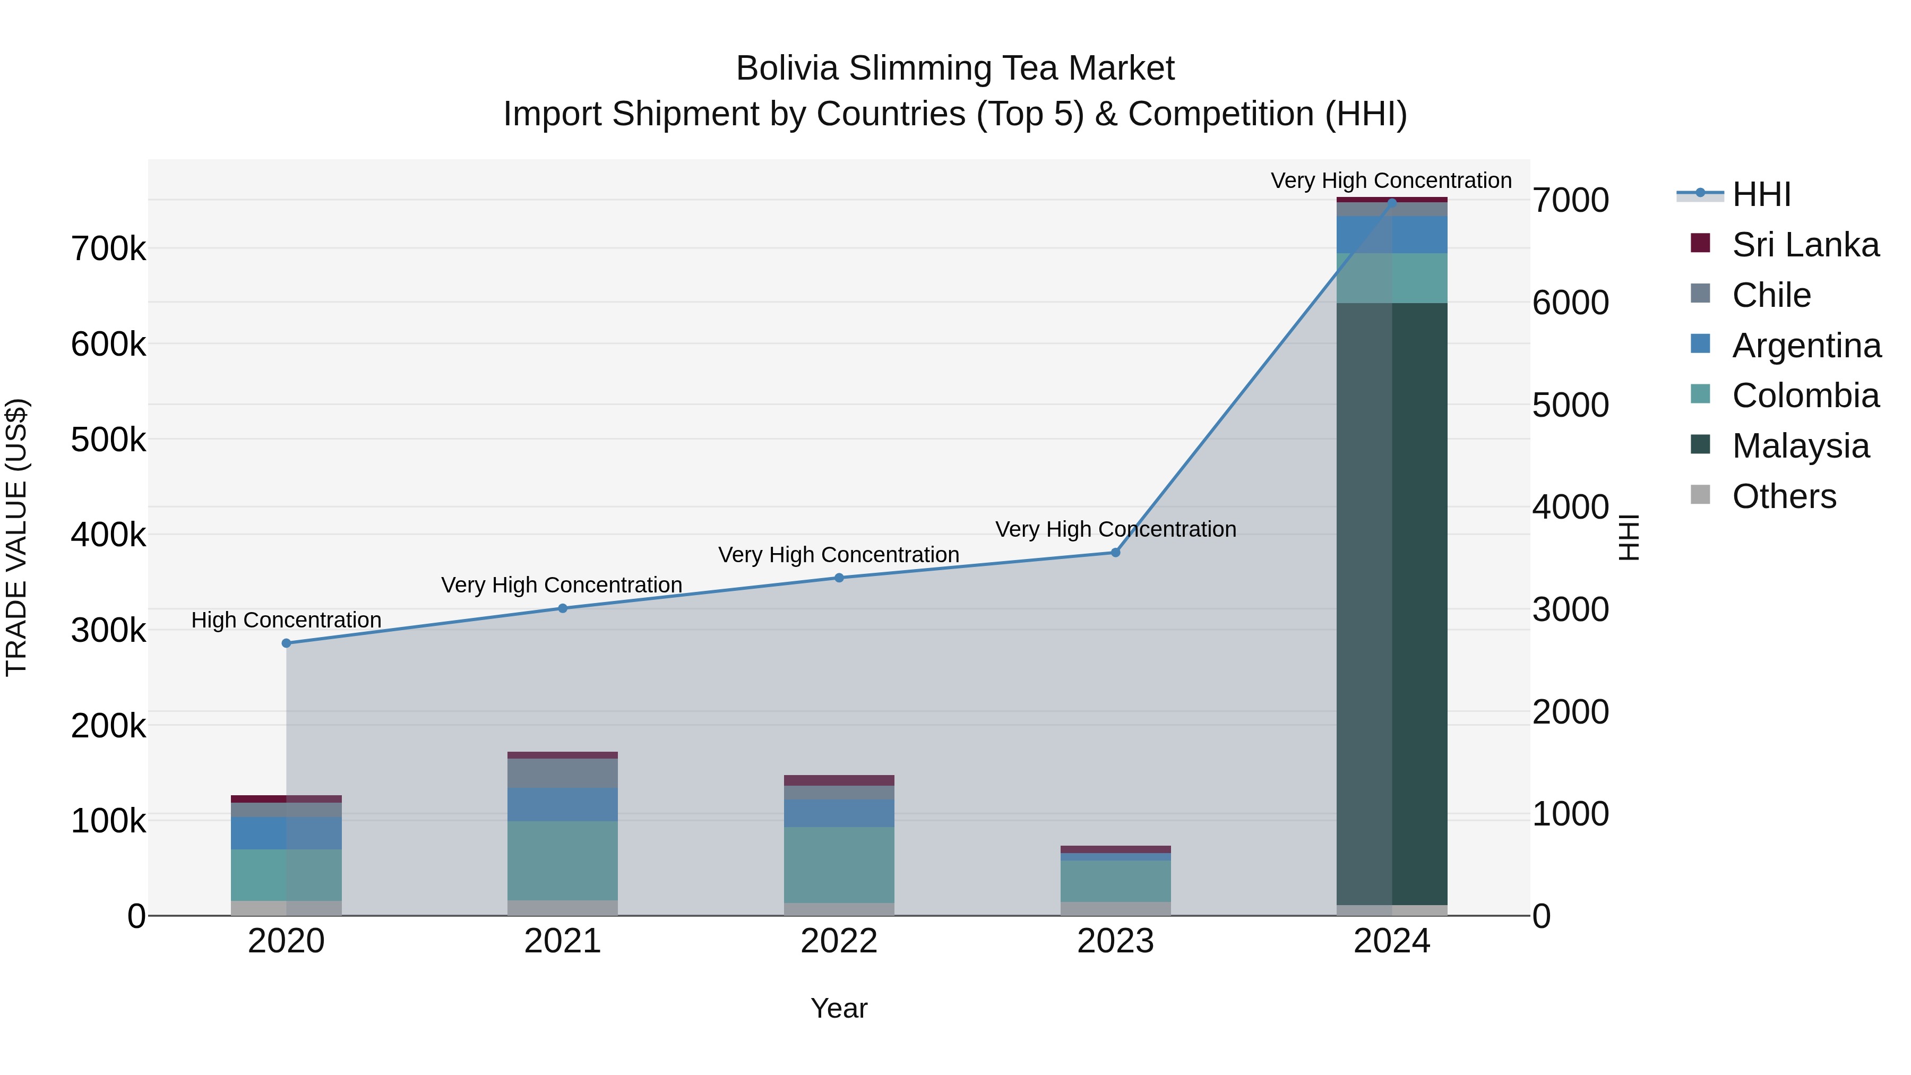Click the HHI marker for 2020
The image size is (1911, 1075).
(286, 643)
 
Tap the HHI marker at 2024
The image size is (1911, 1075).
(1392, 202)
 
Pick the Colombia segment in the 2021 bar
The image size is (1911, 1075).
(562, 861)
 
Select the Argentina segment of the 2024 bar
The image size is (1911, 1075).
(1392, 235)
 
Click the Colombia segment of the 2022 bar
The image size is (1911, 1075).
(839, 865)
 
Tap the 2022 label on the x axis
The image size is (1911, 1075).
(839, 941)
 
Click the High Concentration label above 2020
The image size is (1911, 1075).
(286, 620)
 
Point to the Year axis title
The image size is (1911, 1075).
(839, 1008)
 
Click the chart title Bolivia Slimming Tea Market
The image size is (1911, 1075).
(955, 68)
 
